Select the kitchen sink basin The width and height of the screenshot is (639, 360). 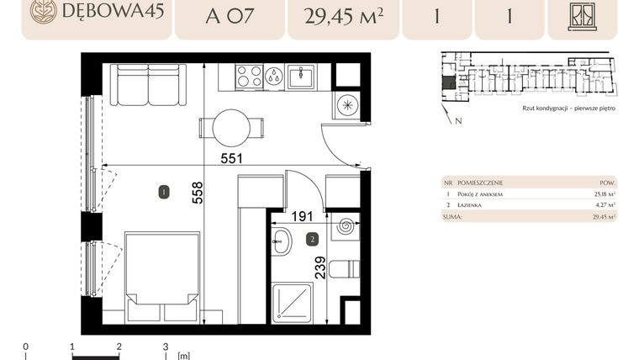(300, 77)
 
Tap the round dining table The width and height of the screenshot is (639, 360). (231, 128)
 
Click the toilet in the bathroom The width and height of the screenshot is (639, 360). (345, 270)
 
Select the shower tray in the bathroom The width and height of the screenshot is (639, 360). (292, 303)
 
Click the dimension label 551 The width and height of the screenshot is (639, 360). (232, 157)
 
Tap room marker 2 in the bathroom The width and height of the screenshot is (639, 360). (313, 239)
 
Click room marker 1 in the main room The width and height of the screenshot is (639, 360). (163, 193)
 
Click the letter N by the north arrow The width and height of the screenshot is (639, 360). (457, 121)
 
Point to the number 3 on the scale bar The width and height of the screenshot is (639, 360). (166, 346)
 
